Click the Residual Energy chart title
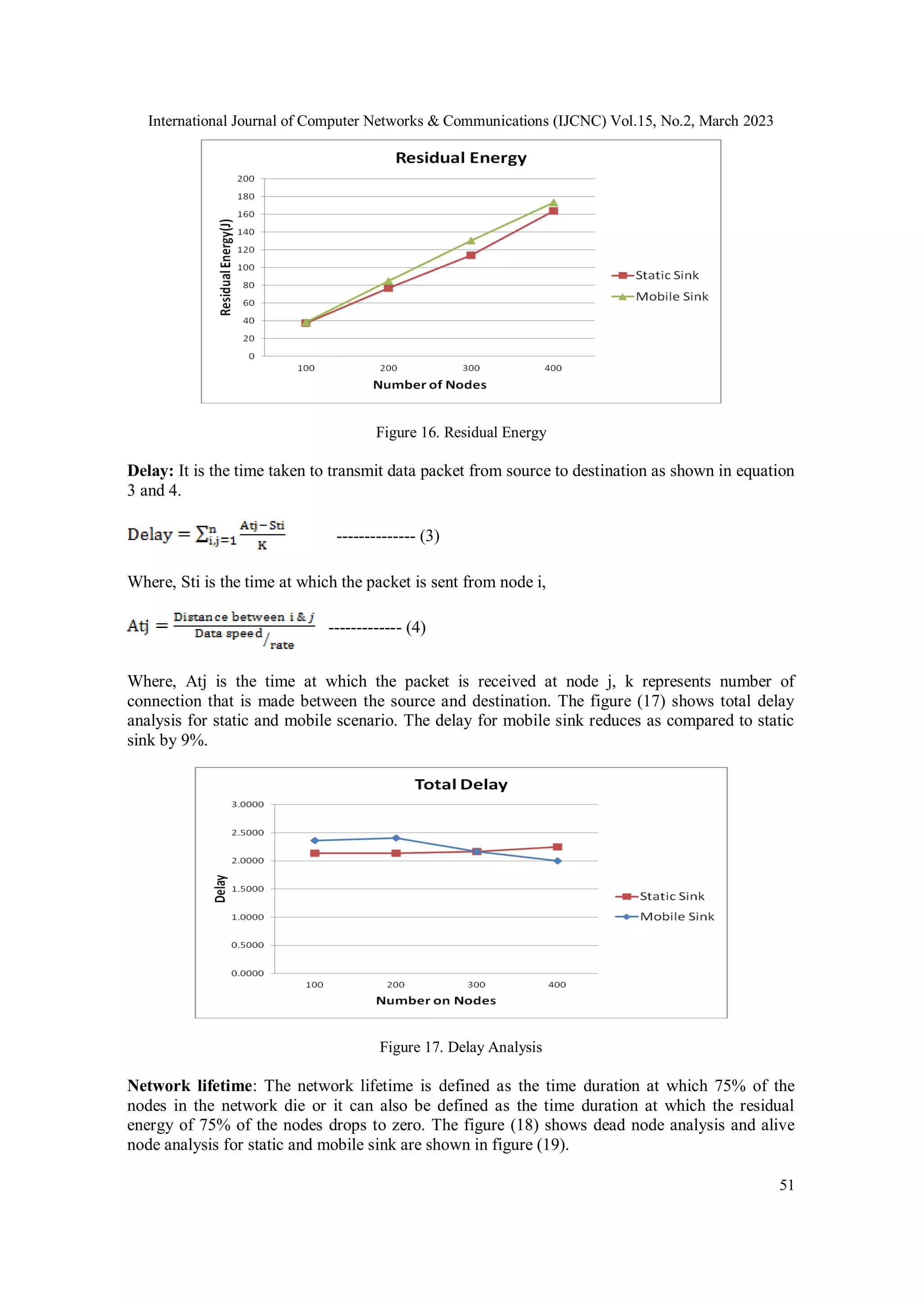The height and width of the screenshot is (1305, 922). point(461,158)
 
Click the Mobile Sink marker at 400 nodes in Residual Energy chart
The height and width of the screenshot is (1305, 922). point(553,202)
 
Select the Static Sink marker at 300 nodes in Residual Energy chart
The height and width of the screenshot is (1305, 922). point(471,255)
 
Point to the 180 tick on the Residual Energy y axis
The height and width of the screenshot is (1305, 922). point(246,197)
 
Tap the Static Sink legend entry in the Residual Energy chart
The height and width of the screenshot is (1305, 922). point(666,275)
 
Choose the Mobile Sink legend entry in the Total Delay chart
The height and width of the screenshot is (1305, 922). point(676,916)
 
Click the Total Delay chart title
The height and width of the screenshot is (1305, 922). point(461,784)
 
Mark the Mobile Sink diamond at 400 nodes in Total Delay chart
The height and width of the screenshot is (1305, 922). point(557,860)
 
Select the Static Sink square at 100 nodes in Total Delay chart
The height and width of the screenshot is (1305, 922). point(315,853)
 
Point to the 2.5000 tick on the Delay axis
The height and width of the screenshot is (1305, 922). point(247,832)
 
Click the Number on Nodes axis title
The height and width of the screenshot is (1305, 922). point(436,1000)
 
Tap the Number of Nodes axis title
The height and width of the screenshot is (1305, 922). point(429,385)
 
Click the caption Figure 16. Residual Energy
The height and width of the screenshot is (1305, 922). point(461,432)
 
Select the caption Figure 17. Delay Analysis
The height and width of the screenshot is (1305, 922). point(461,1047)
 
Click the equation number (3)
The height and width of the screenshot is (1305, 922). point(429,536)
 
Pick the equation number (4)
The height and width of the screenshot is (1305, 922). point(416,627)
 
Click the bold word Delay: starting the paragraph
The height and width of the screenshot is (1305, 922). point(150,471)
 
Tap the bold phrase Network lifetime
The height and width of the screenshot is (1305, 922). point(190,1086)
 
